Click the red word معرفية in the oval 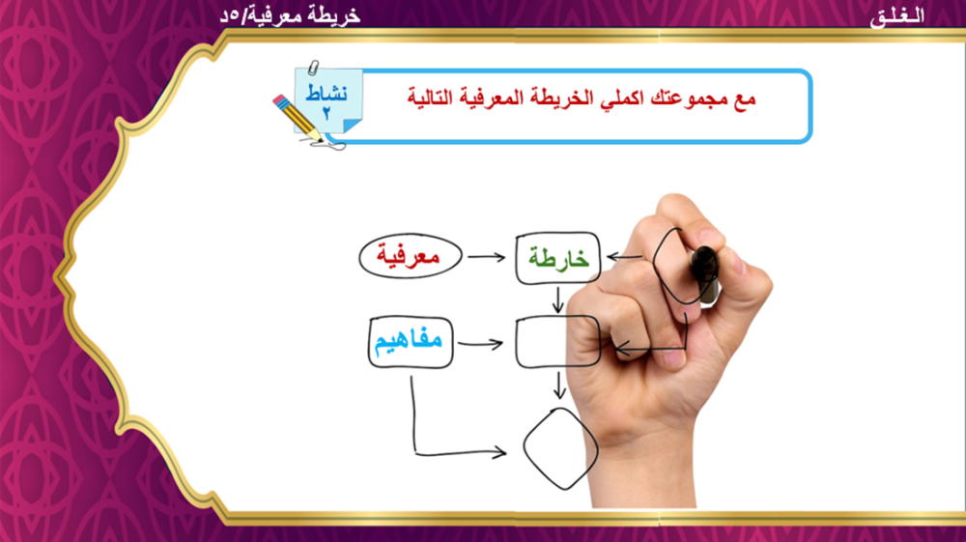tap(409, 256)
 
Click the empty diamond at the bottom tap(560, 449)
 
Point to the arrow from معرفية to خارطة tap(487, 257)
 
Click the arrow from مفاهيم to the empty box tap(480, 344)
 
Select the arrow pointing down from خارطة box tap(558, 300)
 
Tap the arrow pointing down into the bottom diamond tap(558, 385)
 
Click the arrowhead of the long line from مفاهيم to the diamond tap(499, 453)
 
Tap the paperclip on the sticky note tap(314, 67)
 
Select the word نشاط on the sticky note tap(327, 93)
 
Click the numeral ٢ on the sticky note tap(327, 113)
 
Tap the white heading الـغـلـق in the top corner tap(897, 16)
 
